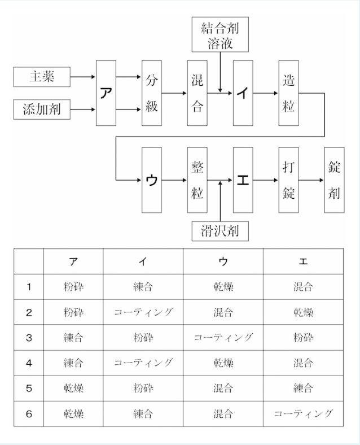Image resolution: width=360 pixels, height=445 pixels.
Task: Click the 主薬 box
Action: pos(42,76)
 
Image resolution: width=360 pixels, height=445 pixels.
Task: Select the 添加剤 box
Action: pos(42,109)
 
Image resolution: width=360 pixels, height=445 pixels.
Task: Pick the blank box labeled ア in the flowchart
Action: pos(106,93)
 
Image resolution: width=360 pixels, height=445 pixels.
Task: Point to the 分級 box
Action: pos(152,93)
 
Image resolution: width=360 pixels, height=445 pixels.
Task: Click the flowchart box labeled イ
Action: pos(243,93)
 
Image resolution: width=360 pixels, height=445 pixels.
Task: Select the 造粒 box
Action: pos(288,93)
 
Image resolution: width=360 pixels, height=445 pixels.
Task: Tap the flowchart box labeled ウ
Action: pos(152,180)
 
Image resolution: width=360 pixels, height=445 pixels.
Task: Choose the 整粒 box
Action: pos(197,180)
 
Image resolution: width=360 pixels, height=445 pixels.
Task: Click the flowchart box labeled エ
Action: pos(243,180)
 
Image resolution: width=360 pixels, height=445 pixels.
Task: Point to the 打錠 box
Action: pos(288,180)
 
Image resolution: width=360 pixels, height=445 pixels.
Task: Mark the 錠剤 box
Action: pos(334,180)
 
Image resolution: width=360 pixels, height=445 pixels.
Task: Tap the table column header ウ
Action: pos(223,261)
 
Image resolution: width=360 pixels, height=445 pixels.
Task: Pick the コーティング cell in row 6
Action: pos(303,414)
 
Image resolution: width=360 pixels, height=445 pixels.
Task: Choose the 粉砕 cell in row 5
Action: pos(143,389)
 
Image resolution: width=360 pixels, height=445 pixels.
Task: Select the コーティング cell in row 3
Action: pos(223,338)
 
